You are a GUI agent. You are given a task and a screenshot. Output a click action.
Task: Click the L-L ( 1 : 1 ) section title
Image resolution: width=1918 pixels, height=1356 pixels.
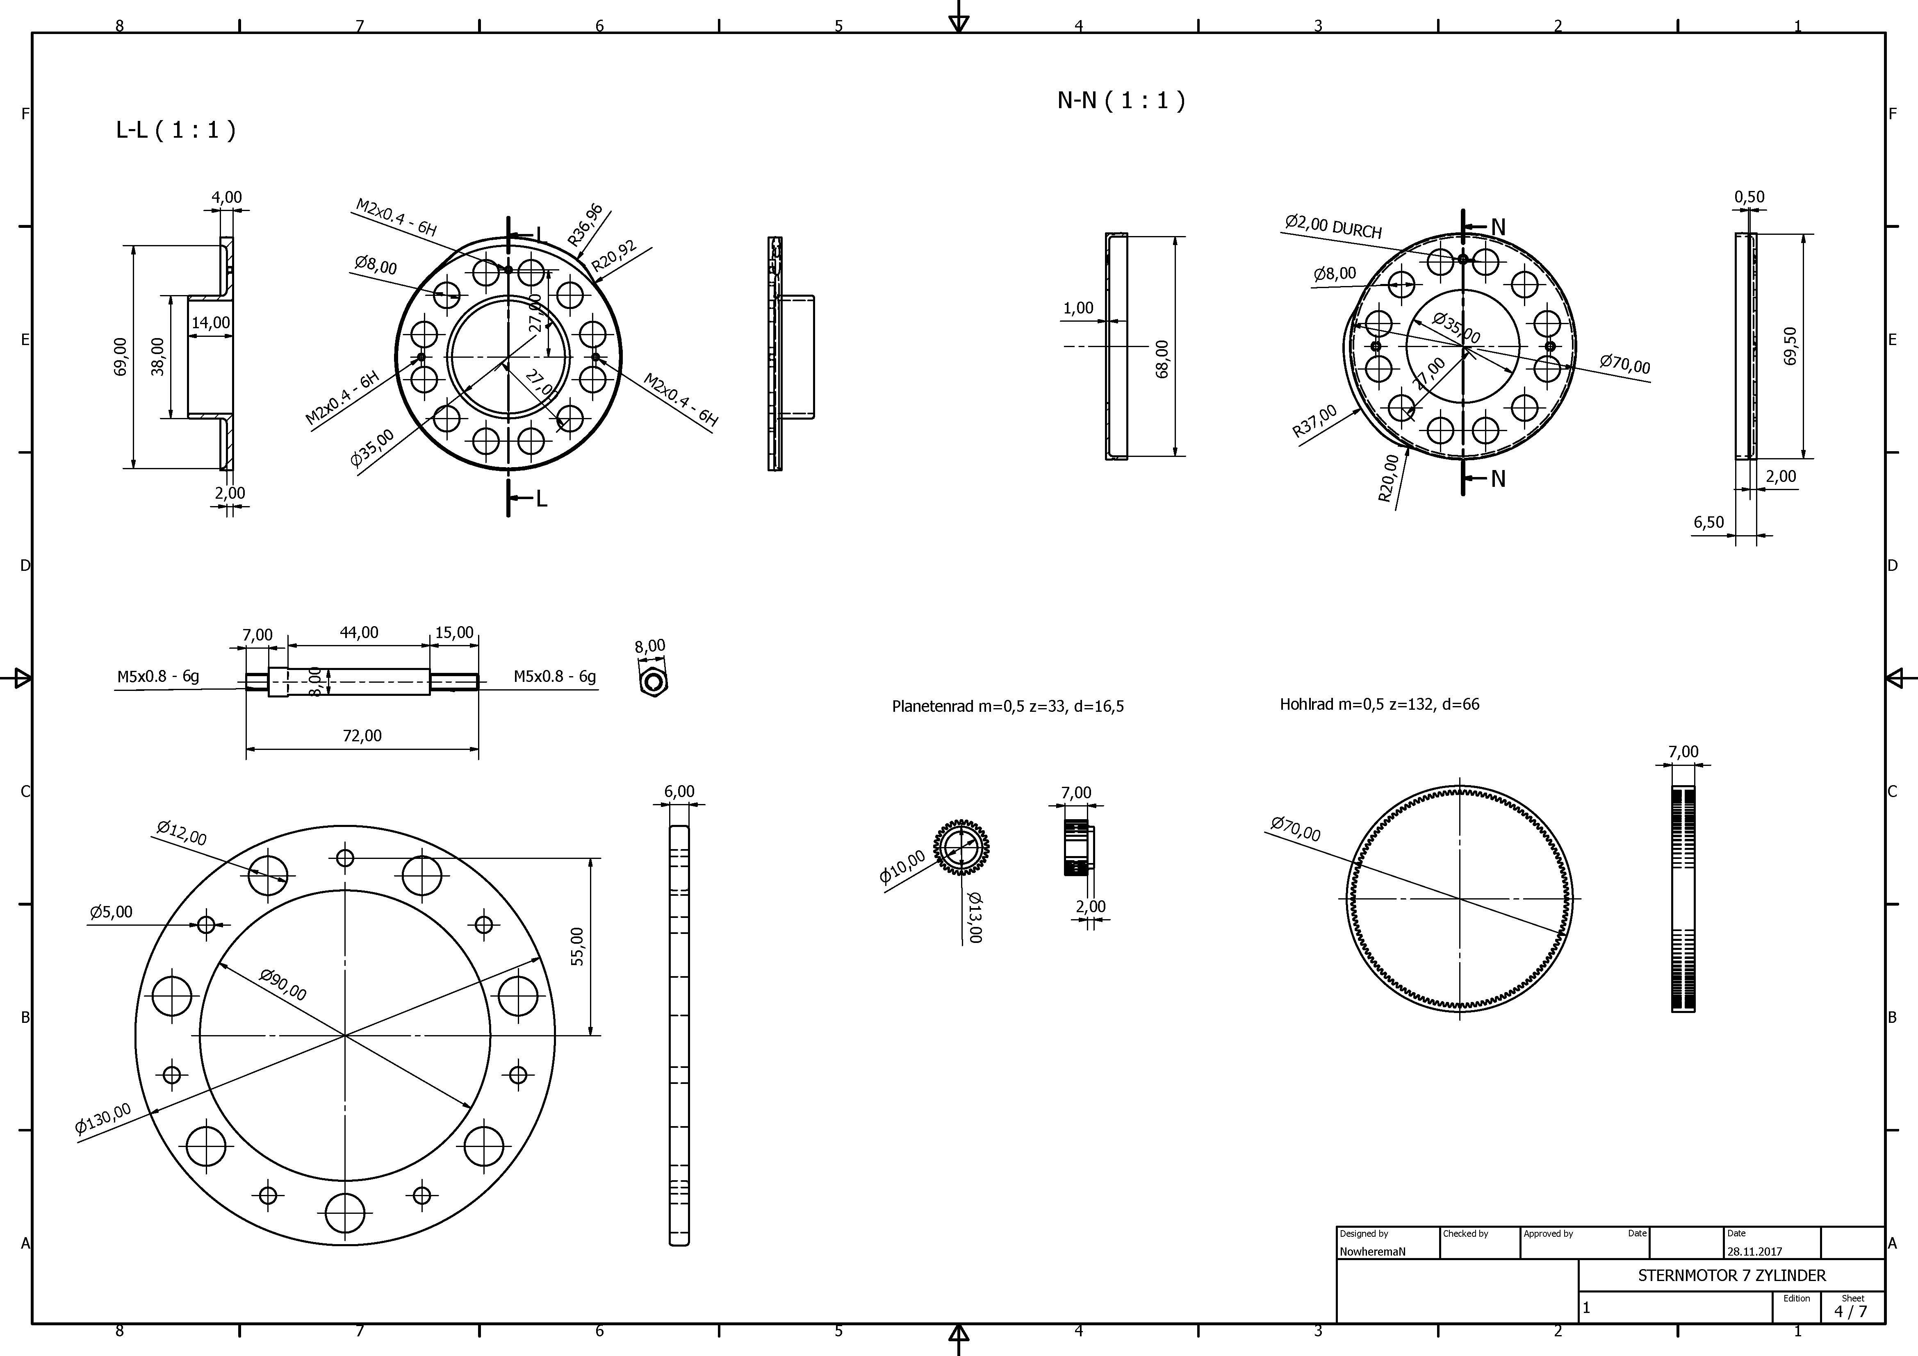[175, 129]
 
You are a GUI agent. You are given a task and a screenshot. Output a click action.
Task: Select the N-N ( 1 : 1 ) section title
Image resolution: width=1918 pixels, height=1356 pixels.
[1121, 100]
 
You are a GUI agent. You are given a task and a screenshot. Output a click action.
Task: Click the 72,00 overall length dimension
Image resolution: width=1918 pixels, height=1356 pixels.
[362, 736]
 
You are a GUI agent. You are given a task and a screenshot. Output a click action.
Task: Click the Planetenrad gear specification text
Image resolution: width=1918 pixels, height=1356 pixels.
[1007, 706]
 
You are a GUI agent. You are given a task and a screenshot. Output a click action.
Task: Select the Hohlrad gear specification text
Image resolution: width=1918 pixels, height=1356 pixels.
[1379, 704]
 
